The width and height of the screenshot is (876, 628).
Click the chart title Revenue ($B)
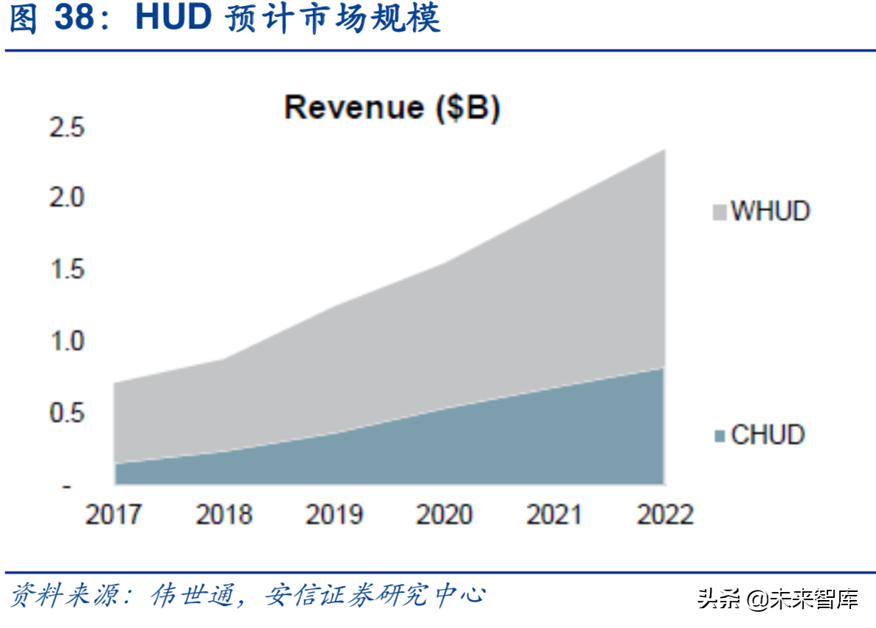pyautogui.click(x=392, y=107)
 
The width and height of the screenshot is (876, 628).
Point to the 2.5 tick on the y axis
pyautogui.click(x=66, y=128)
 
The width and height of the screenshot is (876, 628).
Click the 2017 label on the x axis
pyautogui.click(x=114, y=515)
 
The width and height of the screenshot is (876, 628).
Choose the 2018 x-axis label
pyautogui.click(x=224, y=515)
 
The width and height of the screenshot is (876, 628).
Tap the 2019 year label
pyautogui.click(x=334, y=515)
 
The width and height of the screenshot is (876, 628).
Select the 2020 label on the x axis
pyautogui.click(x=445, y=515)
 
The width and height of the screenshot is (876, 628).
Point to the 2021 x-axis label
pyautogui.click(x=555, y=515)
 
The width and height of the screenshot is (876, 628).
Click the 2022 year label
pyautogui.click(x=665, y=515)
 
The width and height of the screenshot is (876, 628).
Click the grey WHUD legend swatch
pyautogui.click(x=719, y=213)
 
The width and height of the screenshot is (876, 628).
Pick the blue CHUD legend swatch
pyautogui.click(x=719, y=436)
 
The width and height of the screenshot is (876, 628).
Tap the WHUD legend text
pyautogui.click(x=770, y=212)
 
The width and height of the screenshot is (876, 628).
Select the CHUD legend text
pyautogui.click(x=768, y=435)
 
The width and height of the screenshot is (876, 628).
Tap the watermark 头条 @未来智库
pyautogui.click(x=778, y=599)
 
